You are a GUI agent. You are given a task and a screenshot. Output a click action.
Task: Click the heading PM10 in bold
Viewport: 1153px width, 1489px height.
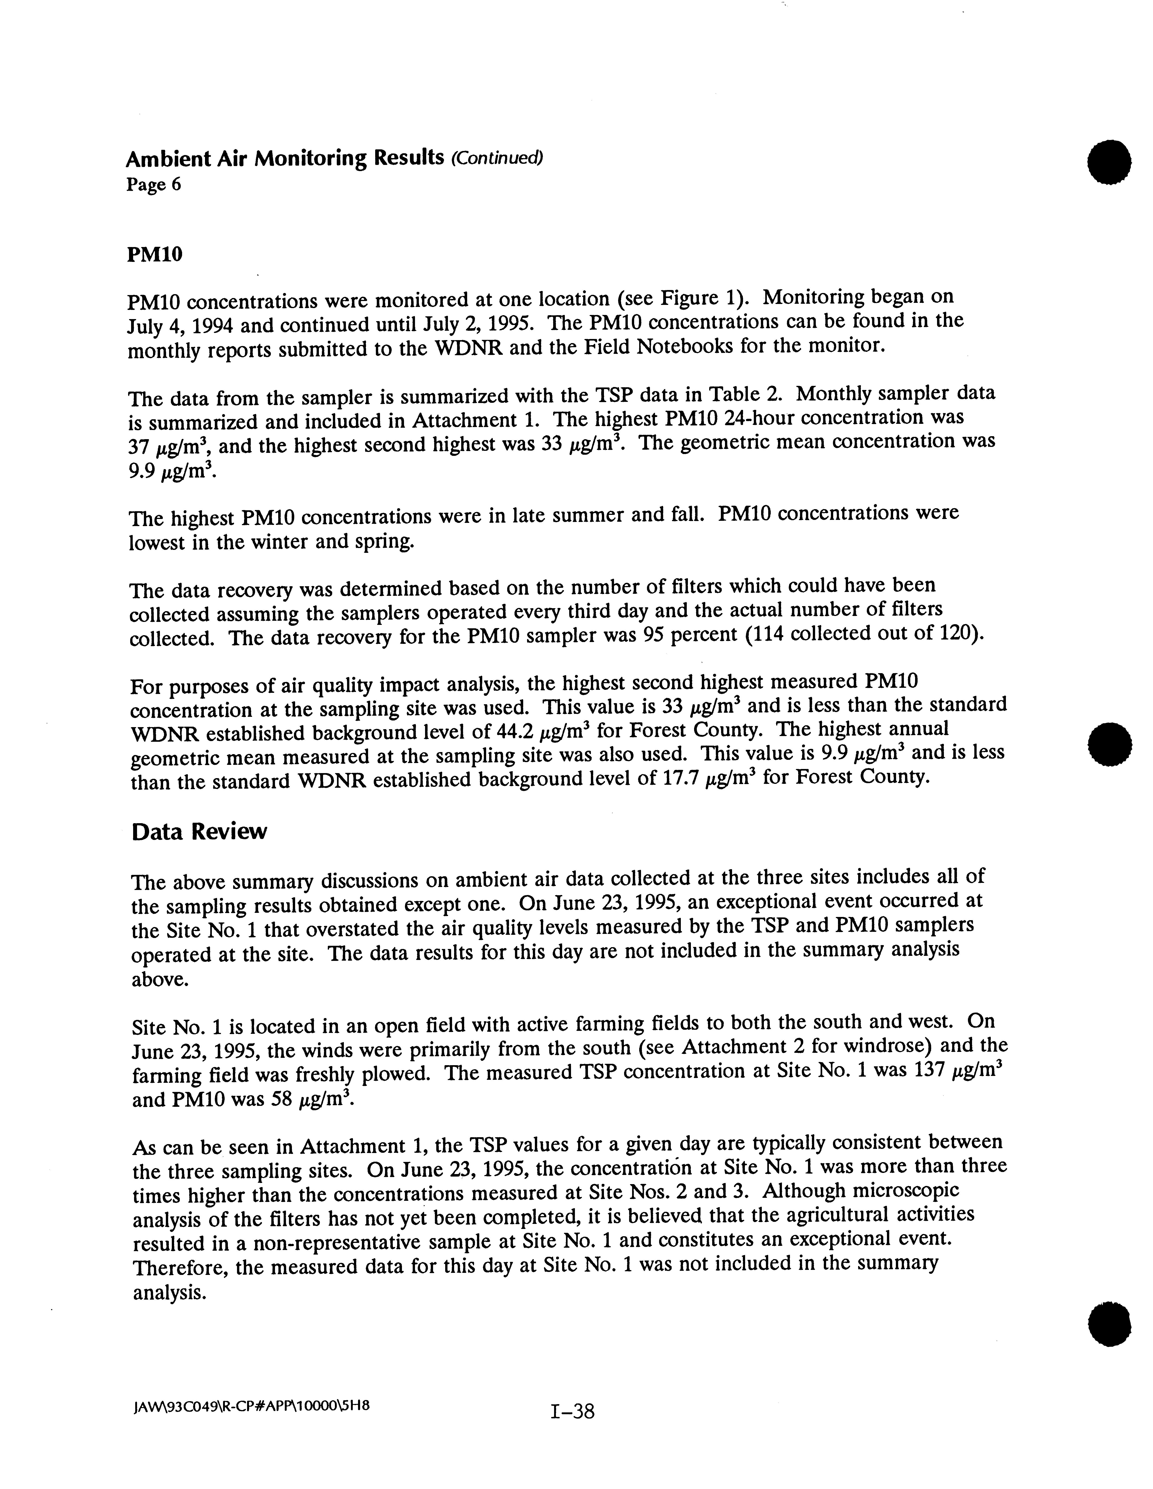155,254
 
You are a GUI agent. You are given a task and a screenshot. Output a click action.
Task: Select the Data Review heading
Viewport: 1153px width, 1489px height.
199,832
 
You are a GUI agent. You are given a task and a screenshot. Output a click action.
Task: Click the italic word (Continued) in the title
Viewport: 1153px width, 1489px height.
496,158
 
